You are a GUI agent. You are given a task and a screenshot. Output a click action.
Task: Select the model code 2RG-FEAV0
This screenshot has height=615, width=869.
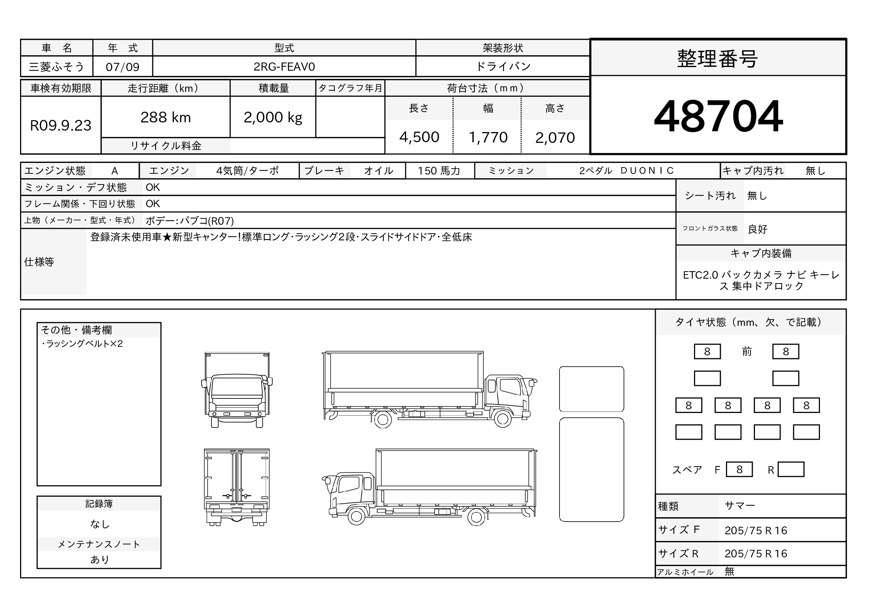click(x=284, y=67)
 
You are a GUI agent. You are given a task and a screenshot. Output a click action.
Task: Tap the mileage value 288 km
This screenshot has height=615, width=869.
click(x=165, y=118)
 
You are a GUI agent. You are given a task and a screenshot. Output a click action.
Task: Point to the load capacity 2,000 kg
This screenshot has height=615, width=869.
click(x=273, y=118)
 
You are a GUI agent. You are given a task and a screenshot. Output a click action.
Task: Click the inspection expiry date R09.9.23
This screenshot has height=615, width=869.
click(x=61, y=125)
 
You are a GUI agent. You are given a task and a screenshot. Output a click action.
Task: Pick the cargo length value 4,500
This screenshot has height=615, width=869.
click(x=419, y=137)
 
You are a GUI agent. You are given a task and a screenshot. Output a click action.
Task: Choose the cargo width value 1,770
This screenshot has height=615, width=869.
click(x=488, y=137)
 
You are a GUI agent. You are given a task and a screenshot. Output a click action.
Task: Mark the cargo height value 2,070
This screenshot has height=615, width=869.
click(x=555, y=138)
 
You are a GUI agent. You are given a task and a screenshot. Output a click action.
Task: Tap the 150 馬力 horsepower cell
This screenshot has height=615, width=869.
click(x=439, y=171)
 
